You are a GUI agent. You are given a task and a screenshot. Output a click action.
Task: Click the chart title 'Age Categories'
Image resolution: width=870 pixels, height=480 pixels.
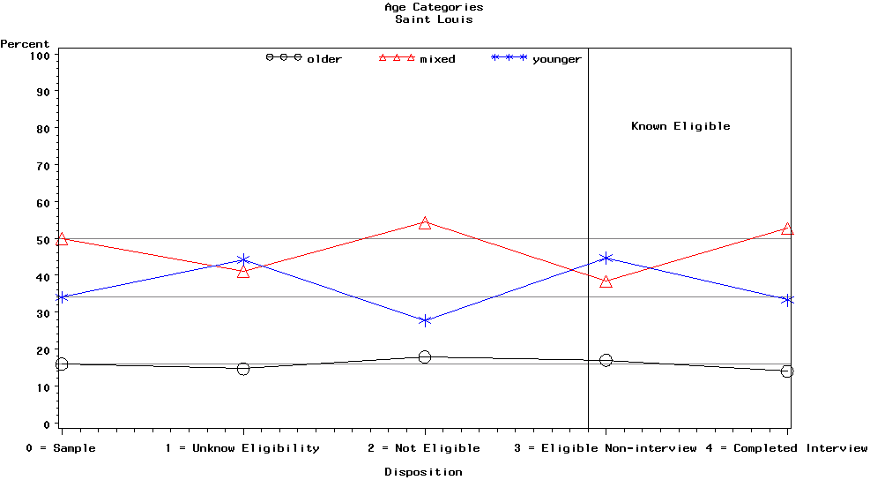pyautogui.click(x=434, y=7)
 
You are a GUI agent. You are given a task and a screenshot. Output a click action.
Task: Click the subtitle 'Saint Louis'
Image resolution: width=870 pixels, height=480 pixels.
pyautogui.click(x=434, y=19)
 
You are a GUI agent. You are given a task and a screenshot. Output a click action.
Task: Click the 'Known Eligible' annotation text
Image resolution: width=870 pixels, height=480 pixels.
pyautogui.click(x=680, y=126)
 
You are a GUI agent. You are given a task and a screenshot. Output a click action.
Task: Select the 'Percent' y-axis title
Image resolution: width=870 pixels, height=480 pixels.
pyautogui.click(x=25, y=44)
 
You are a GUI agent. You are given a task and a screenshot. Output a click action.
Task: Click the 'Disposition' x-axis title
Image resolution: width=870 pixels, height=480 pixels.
pyautogui.click(x=423, y=472)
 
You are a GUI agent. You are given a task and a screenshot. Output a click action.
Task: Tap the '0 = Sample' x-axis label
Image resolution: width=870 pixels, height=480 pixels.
pyautogui.click(x=61, y=448)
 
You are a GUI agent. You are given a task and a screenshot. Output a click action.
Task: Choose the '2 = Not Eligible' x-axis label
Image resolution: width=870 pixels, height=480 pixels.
pyautogui.click(x=424, y=448)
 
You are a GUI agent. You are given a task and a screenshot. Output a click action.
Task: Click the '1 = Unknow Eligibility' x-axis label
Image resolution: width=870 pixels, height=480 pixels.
pyautogui.click(x=242, y=448)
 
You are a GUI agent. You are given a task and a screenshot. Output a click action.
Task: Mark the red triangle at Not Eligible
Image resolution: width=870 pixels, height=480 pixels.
pyautogui.click(x=425, y=223)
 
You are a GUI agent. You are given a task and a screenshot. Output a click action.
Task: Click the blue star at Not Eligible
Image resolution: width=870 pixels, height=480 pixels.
pyautogui.click(x=425, y=320)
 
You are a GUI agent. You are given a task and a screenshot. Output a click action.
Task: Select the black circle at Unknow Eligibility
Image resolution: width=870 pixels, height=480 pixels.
pyautogui.click(x=243, y=369)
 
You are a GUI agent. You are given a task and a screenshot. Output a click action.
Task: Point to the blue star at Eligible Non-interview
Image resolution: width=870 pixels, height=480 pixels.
pyautogui.click(x=606, y=258)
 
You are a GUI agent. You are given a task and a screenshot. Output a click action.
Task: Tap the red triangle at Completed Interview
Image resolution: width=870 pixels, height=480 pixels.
pyautogui.click(x=788, y=229)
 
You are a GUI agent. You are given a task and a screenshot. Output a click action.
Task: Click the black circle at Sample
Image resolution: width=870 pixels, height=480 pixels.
pyautogui.click(x=62, y=364)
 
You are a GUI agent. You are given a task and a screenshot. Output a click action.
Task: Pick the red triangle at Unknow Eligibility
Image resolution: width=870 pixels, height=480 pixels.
pyautogui.click(x=243, y=272)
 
